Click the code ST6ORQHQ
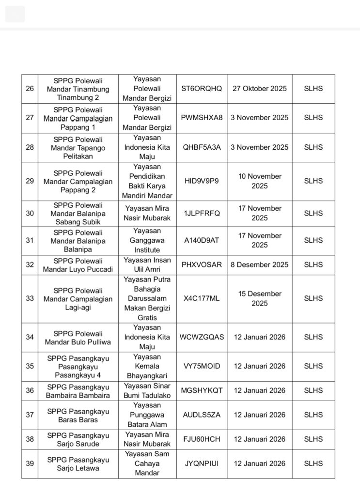click(201, 89)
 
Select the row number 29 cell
click(30, 181)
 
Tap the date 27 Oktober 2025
click(259, 89)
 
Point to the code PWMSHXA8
click(202, 118)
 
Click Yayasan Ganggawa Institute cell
click(147, 240)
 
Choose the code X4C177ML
click(201, 298)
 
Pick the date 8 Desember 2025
click(259, 264)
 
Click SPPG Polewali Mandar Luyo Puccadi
click(78, 264)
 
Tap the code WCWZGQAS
click(202, 337)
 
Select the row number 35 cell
click(30, 366)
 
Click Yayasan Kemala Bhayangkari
click(147, 366)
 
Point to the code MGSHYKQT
click(202, 390)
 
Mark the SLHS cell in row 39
click(313, 464)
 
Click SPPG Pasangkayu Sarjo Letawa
click(78, 464)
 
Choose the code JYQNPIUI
click(202, 464)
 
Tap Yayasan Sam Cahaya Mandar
click(147, 464)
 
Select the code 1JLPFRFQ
click(202, 213)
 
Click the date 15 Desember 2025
click(259, 298)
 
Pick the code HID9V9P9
click(202, 181)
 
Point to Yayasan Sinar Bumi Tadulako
click(147, 390)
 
